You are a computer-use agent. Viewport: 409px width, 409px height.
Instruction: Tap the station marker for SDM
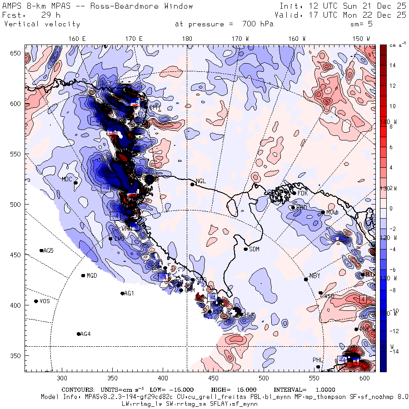point(246,249)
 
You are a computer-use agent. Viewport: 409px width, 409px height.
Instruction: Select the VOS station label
point(45,301)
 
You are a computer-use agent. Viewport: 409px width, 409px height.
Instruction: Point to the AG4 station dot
point(79,334)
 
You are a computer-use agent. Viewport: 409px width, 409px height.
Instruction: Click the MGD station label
point(92,276)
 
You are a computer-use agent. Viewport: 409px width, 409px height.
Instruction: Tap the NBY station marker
point(306,279)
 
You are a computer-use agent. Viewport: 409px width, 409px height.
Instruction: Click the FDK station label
point(303,193)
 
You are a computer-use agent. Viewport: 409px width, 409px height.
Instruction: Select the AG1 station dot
point(122,294)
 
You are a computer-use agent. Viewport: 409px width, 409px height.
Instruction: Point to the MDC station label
point(67,179)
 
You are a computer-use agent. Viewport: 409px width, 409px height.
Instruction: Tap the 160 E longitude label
point(77,39)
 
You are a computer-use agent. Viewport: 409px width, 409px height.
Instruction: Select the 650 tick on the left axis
point(16,54)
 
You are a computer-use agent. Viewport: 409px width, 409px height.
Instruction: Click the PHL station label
point(317,360)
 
